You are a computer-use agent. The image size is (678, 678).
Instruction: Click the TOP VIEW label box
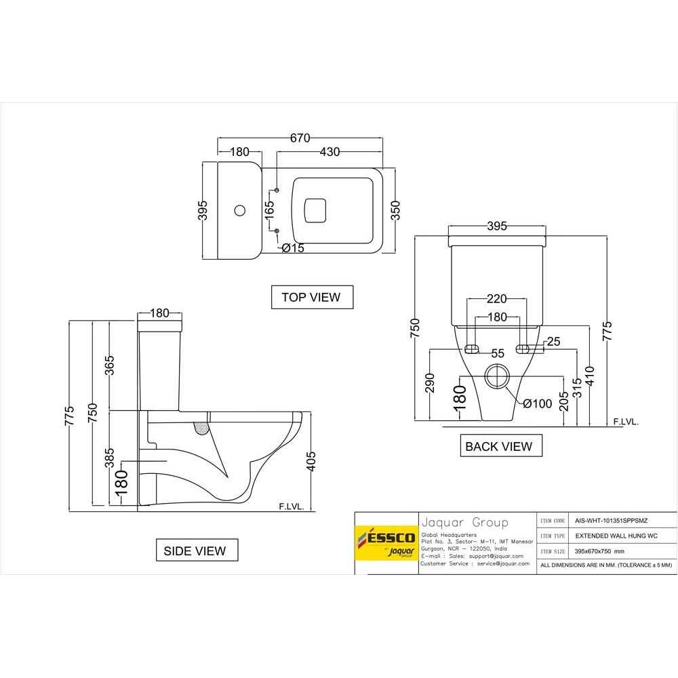(311, 297)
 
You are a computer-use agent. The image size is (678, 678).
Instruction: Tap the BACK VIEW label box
(498, 446)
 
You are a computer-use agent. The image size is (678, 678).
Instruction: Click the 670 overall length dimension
(300, 138)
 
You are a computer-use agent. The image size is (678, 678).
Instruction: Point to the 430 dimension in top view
(330, 152)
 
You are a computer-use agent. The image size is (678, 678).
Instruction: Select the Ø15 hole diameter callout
(293, 248)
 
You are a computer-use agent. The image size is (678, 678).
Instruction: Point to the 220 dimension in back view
(497, 299)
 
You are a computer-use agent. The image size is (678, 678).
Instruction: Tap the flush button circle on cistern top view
(238, 210)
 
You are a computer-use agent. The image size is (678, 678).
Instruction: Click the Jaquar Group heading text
(464, 523)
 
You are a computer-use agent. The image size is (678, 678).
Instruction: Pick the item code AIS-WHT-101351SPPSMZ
(607, 521)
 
